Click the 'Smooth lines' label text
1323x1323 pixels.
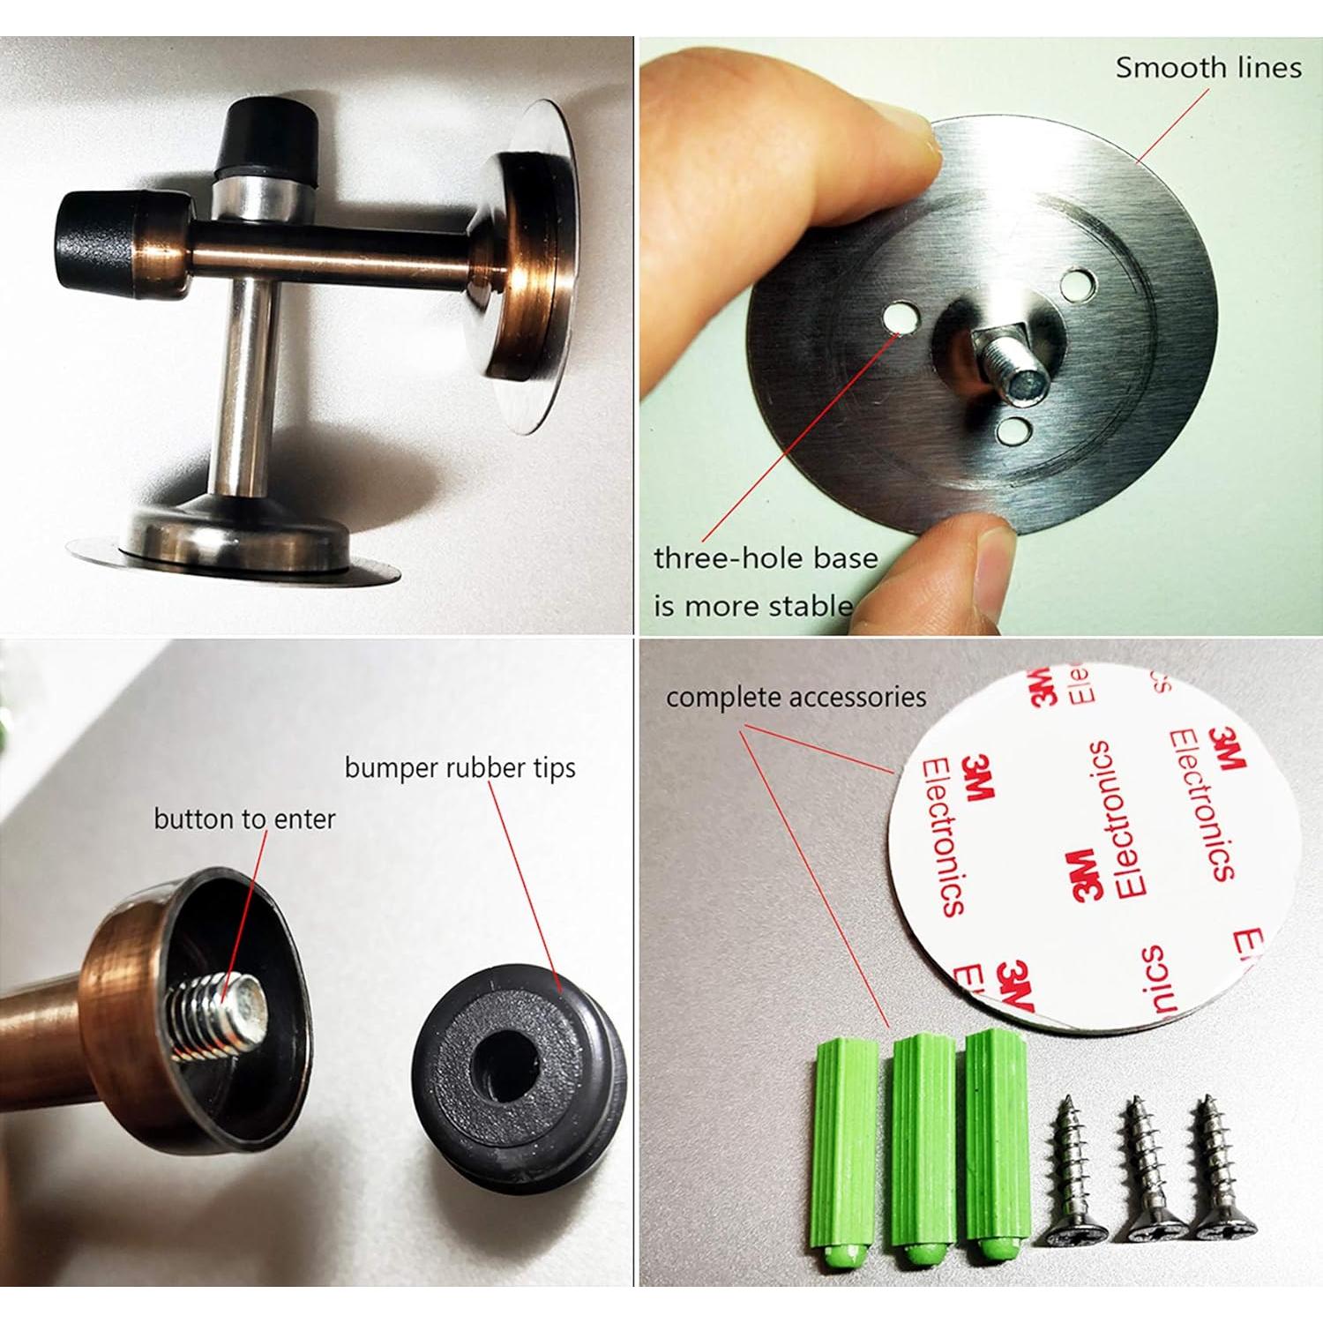pyautogui.click(x=1207, y=68)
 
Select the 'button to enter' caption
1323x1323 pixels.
pyautogui.click(x=244, y=819)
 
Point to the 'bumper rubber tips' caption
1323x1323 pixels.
pyautogui.click(x=460, y=767)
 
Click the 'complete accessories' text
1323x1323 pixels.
pyautogui.click(x=796, y=698)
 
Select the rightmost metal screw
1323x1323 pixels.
pyautogui.click(x=1213, y=1163)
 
